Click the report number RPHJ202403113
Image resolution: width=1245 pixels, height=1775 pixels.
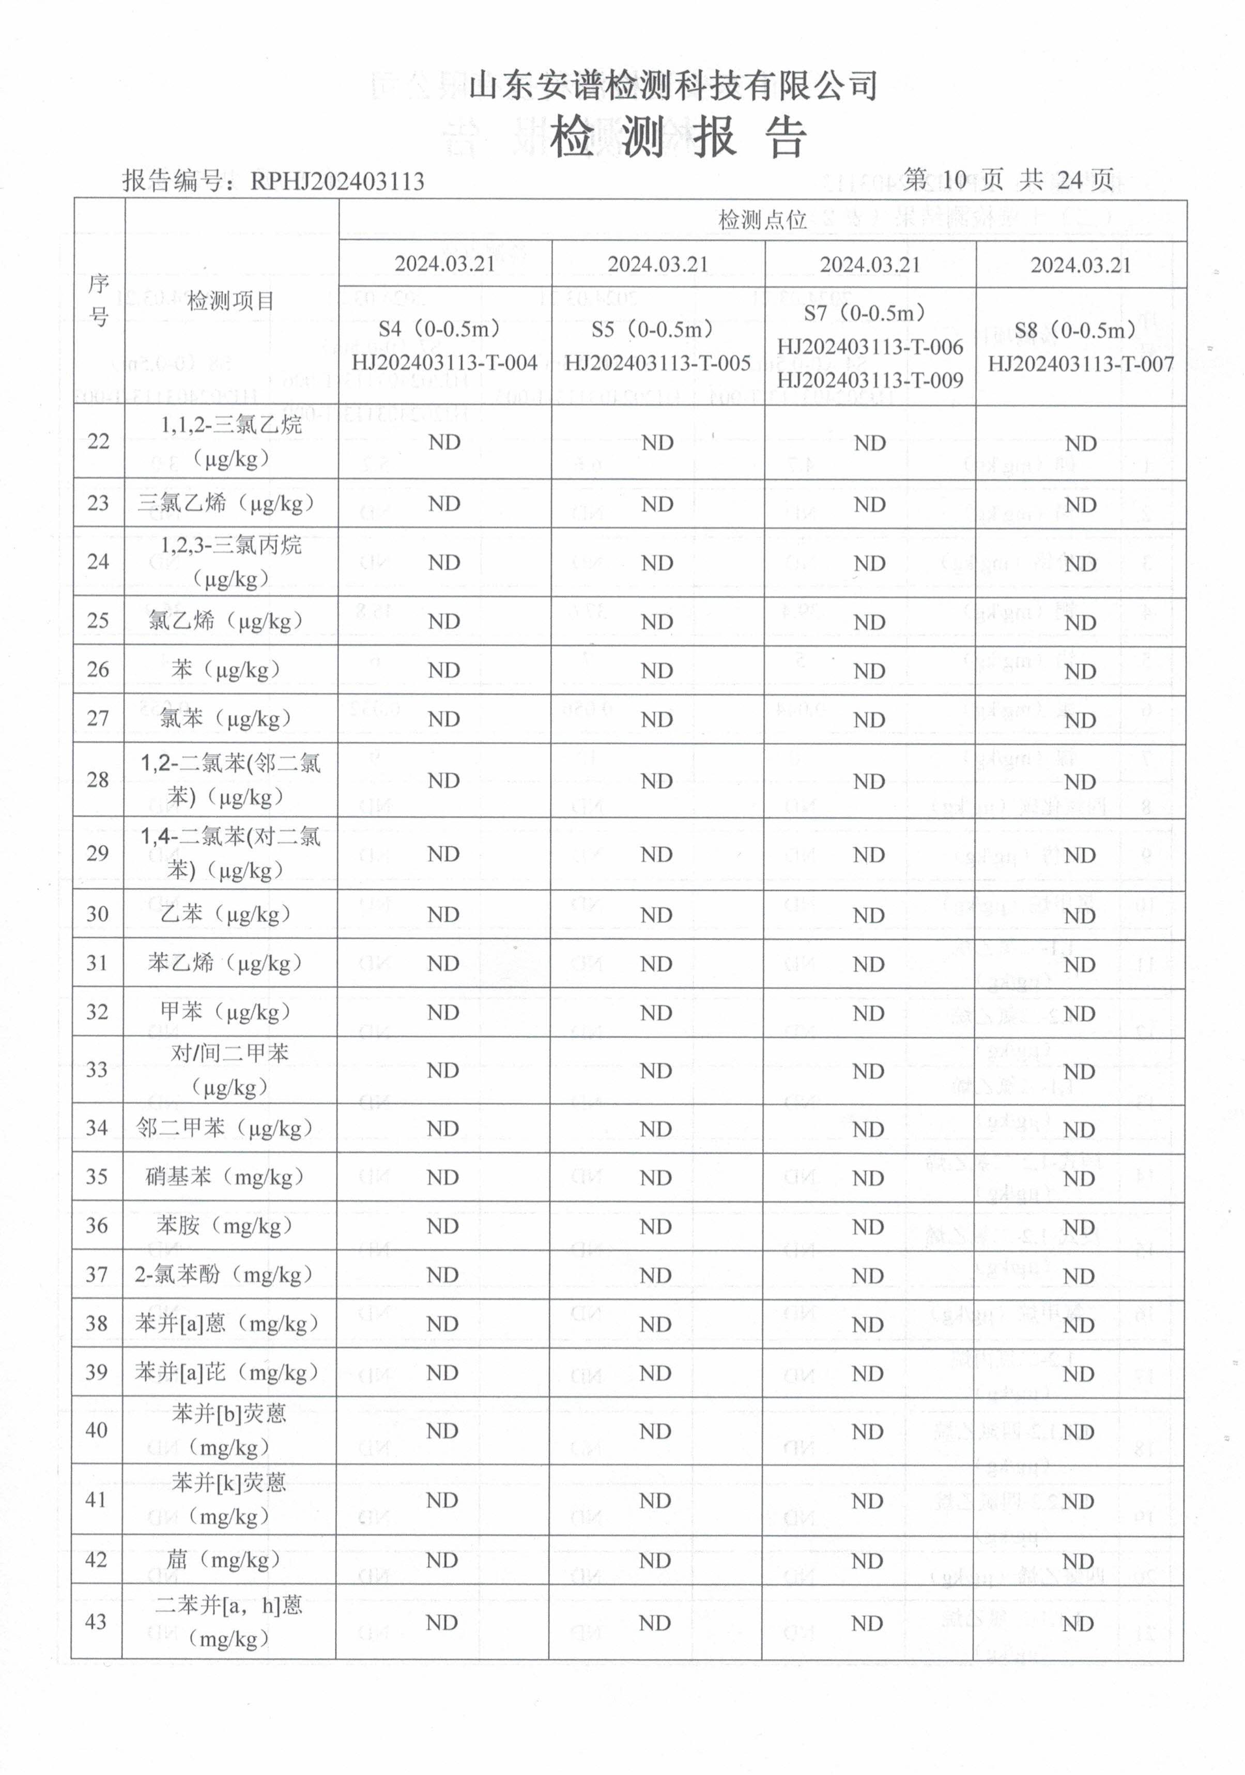(x=336, y=182)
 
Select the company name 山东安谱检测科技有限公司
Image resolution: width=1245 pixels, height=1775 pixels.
(x=673, y=85)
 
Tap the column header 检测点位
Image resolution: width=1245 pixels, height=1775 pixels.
(x=762, y=220)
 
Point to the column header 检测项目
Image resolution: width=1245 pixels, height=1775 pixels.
(x=230, y=301)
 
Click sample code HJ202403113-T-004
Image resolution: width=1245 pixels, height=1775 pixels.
(x=444, y=363)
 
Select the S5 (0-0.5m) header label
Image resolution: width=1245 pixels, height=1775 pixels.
(x=657, y=330)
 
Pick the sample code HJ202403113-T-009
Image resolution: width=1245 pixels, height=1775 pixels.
(x=870, y=380)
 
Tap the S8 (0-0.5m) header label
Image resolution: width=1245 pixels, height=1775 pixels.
(x=1080, y=331)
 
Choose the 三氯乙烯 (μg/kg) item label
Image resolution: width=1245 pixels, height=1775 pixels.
(x=226, y=503)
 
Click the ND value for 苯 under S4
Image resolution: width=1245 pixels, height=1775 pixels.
(x=444, y=670)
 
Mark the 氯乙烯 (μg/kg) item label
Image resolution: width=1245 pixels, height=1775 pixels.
(x=226, y=621)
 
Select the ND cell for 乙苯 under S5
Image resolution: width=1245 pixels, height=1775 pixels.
(x=656, y=915)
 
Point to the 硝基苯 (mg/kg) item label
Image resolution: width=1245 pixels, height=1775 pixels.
(x=225, y=1178)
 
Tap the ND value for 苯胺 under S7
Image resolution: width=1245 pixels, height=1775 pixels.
(x=868, y=1227)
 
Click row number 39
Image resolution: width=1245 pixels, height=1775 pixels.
(x=97, y=1372)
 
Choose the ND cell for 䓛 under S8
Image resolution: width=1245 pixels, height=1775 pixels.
(x=1079, y=1562)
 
